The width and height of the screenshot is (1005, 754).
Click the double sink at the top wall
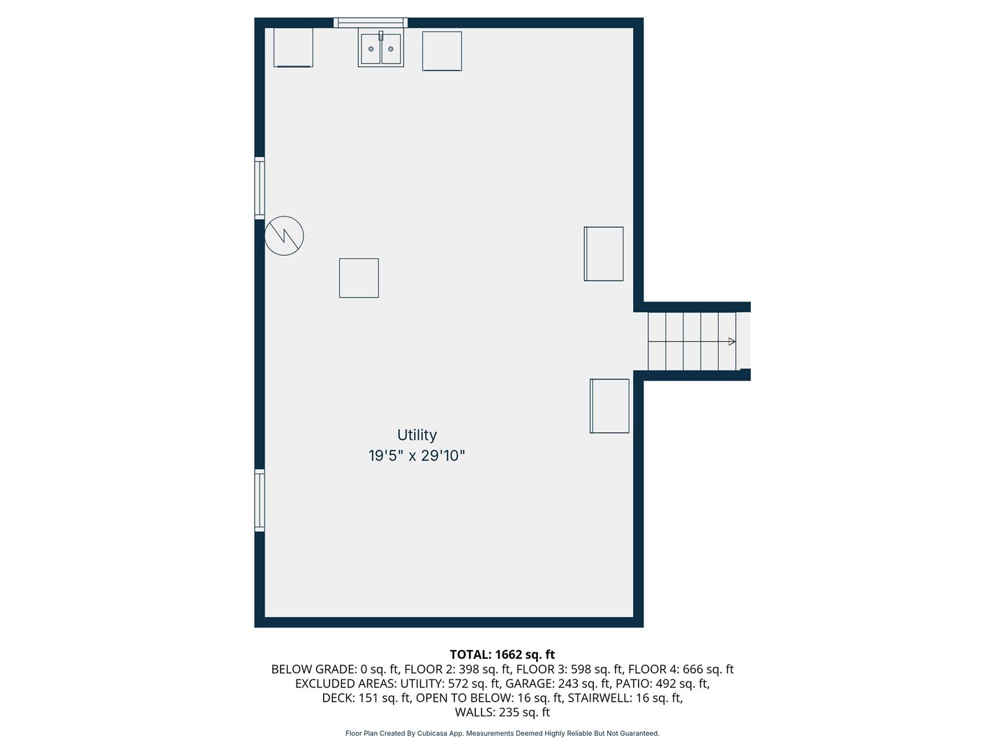coord(380,48)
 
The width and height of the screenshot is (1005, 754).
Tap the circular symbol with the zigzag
coord(284,235)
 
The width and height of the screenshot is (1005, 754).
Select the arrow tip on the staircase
coord(732,341)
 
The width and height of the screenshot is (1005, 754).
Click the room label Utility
coord(417,435)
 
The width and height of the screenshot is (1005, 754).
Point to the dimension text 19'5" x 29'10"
coord(417,456)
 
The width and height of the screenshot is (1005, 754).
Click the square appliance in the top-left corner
coord(293,47)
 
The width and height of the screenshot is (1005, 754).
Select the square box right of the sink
coord(442,51)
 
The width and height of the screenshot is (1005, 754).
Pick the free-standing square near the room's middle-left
coord(359,278)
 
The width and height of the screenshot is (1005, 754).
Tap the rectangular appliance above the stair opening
coord(604,254)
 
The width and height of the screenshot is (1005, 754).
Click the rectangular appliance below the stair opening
coord(609,406)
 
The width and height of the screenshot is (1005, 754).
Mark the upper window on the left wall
coord(260,188)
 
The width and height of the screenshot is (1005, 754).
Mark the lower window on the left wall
coord(260,501)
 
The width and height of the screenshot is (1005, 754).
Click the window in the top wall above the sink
coord(370,23)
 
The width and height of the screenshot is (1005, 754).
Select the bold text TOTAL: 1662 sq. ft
coord(502,654)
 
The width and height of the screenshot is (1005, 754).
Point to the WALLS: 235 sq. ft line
coord(502,712)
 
